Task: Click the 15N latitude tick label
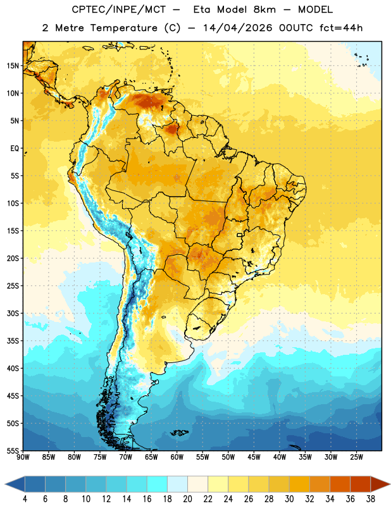[x=13, y=66]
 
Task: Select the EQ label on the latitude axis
[x=15, y=149]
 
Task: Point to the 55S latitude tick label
[x=13, y=450]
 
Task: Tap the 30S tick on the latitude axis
[x=13, y=313]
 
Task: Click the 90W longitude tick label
[x=23, y=457]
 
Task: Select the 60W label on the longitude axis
[x=177, y=457]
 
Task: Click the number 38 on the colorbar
[x=370, y=499]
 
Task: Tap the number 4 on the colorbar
[x=25, y=499]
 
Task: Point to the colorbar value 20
[x=187, y=499]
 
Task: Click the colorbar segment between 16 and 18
[x=158, y=484]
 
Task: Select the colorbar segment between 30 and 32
[x=299, y=484]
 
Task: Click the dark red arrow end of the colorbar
[x=380, y=484]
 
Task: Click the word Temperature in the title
[x=123, y=28]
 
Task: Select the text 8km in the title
[x=264, y=9]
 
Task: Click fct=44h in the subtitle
[x=341, y=28]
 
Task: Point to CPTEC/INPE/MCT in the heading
[x=119, y=9]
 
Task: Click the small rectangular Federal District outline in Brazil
[x=240, y=235]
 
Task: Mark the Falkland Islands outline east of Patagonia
[x=180, y=433]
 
